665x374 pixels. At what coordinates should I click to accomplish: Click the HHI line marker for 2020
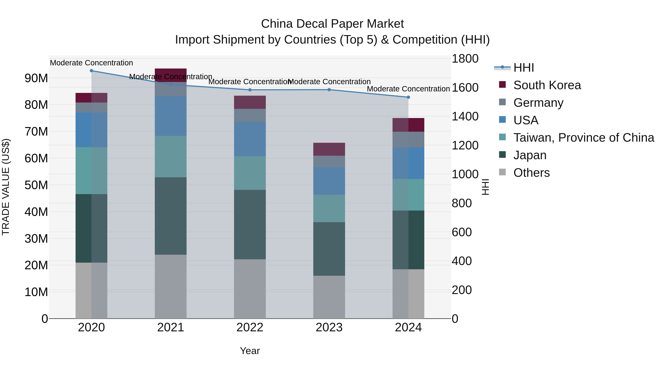coord(91,71)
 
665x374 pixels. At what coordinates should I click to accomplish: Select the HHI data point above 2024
coord(408,97)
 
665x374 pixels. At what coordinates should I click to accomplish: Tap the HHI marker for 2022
coord(250,90)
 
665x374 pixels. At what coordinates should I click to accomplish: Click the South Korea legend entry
coord(547,85)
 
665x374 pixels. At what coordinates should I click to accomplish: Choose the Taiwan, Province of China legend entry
coord(583,138)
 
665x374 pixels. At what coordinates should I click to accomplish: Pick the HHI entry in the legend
coord(524,68)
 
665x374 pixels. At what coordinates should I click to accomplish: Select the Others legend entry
coord(531,173)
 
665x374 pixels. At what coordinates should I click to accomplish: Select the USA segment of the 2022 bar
coord(250,139)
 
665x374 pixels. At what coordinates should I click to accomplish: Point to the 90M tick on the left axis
coord(36,78)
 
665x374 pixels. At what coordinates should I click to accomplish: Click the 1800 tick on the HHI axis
coord(465,59)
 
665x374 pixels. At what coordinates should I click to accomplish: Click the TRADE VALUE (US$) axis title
coord(6,187)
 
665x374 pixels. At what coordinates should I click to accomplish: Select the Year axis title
coord(250,351)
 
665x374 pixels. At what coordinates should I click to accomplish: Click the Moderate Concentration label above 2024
coord(408,89)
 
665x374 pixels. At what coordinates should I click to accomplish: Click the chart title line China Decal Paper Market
coord(332,24)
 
